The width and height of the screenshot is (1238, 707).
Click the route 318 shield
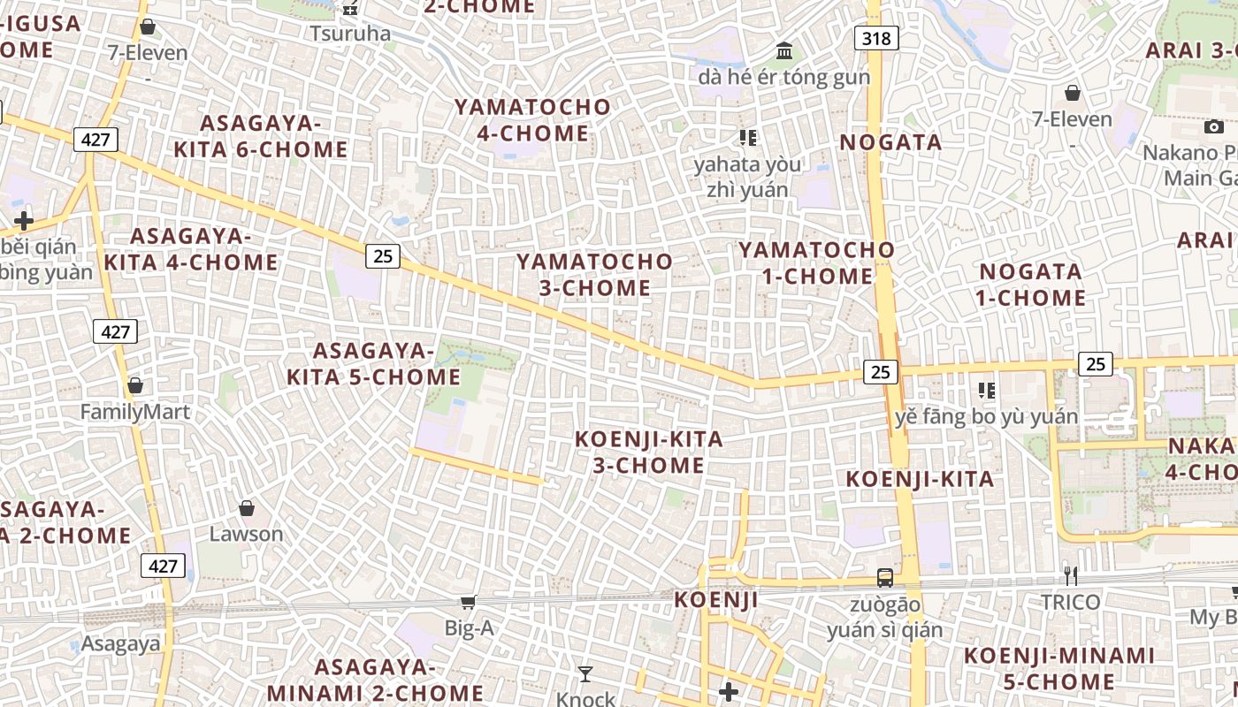(876, 38)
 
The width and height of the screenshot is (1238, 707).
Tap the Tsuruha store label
(350, 34)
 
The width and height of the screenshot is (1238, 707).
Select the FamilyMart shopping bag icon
(135, 385)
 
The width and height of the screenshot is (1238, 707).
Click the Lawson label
(246, 534)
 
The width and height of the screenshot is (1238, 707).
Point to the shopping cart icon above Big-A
(468, 603)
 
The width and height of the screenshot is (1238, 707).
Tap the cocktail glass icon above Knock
(585, 674)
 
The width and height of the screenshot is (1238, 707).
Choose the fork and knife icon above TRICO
(1070, 576)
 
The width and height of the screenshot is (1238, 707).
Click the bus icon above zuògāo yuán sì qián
(884, 578)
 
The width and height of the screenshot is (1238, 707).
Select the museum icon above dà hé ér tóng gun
(783, 51)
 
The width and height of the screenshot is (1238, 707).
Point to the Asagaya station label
(121, 642)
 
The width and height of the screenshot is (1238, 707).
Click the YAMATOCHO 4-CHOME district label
(532, 120)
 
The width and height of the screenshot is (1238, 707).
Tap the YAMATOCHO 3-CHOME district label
(594, 275)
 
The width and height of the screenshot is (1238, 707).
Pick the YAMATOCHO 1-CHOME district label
(817, 262)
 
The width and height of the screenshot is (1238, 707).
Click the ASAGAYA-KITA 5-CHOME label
(373, 364)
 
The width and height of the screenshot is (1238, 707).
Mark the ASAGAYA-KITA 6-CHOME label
(260, 136)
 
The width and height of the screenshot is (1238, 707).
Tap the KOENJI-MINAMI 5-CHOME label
(1058, 668)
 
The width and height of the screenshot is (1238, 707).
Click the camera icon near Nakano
(1214, 126)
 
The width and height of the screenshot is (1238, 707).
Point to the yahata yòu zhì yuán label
(747, 177)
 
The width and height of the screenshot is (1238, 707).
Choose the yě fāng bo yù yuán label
(986, 416)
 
